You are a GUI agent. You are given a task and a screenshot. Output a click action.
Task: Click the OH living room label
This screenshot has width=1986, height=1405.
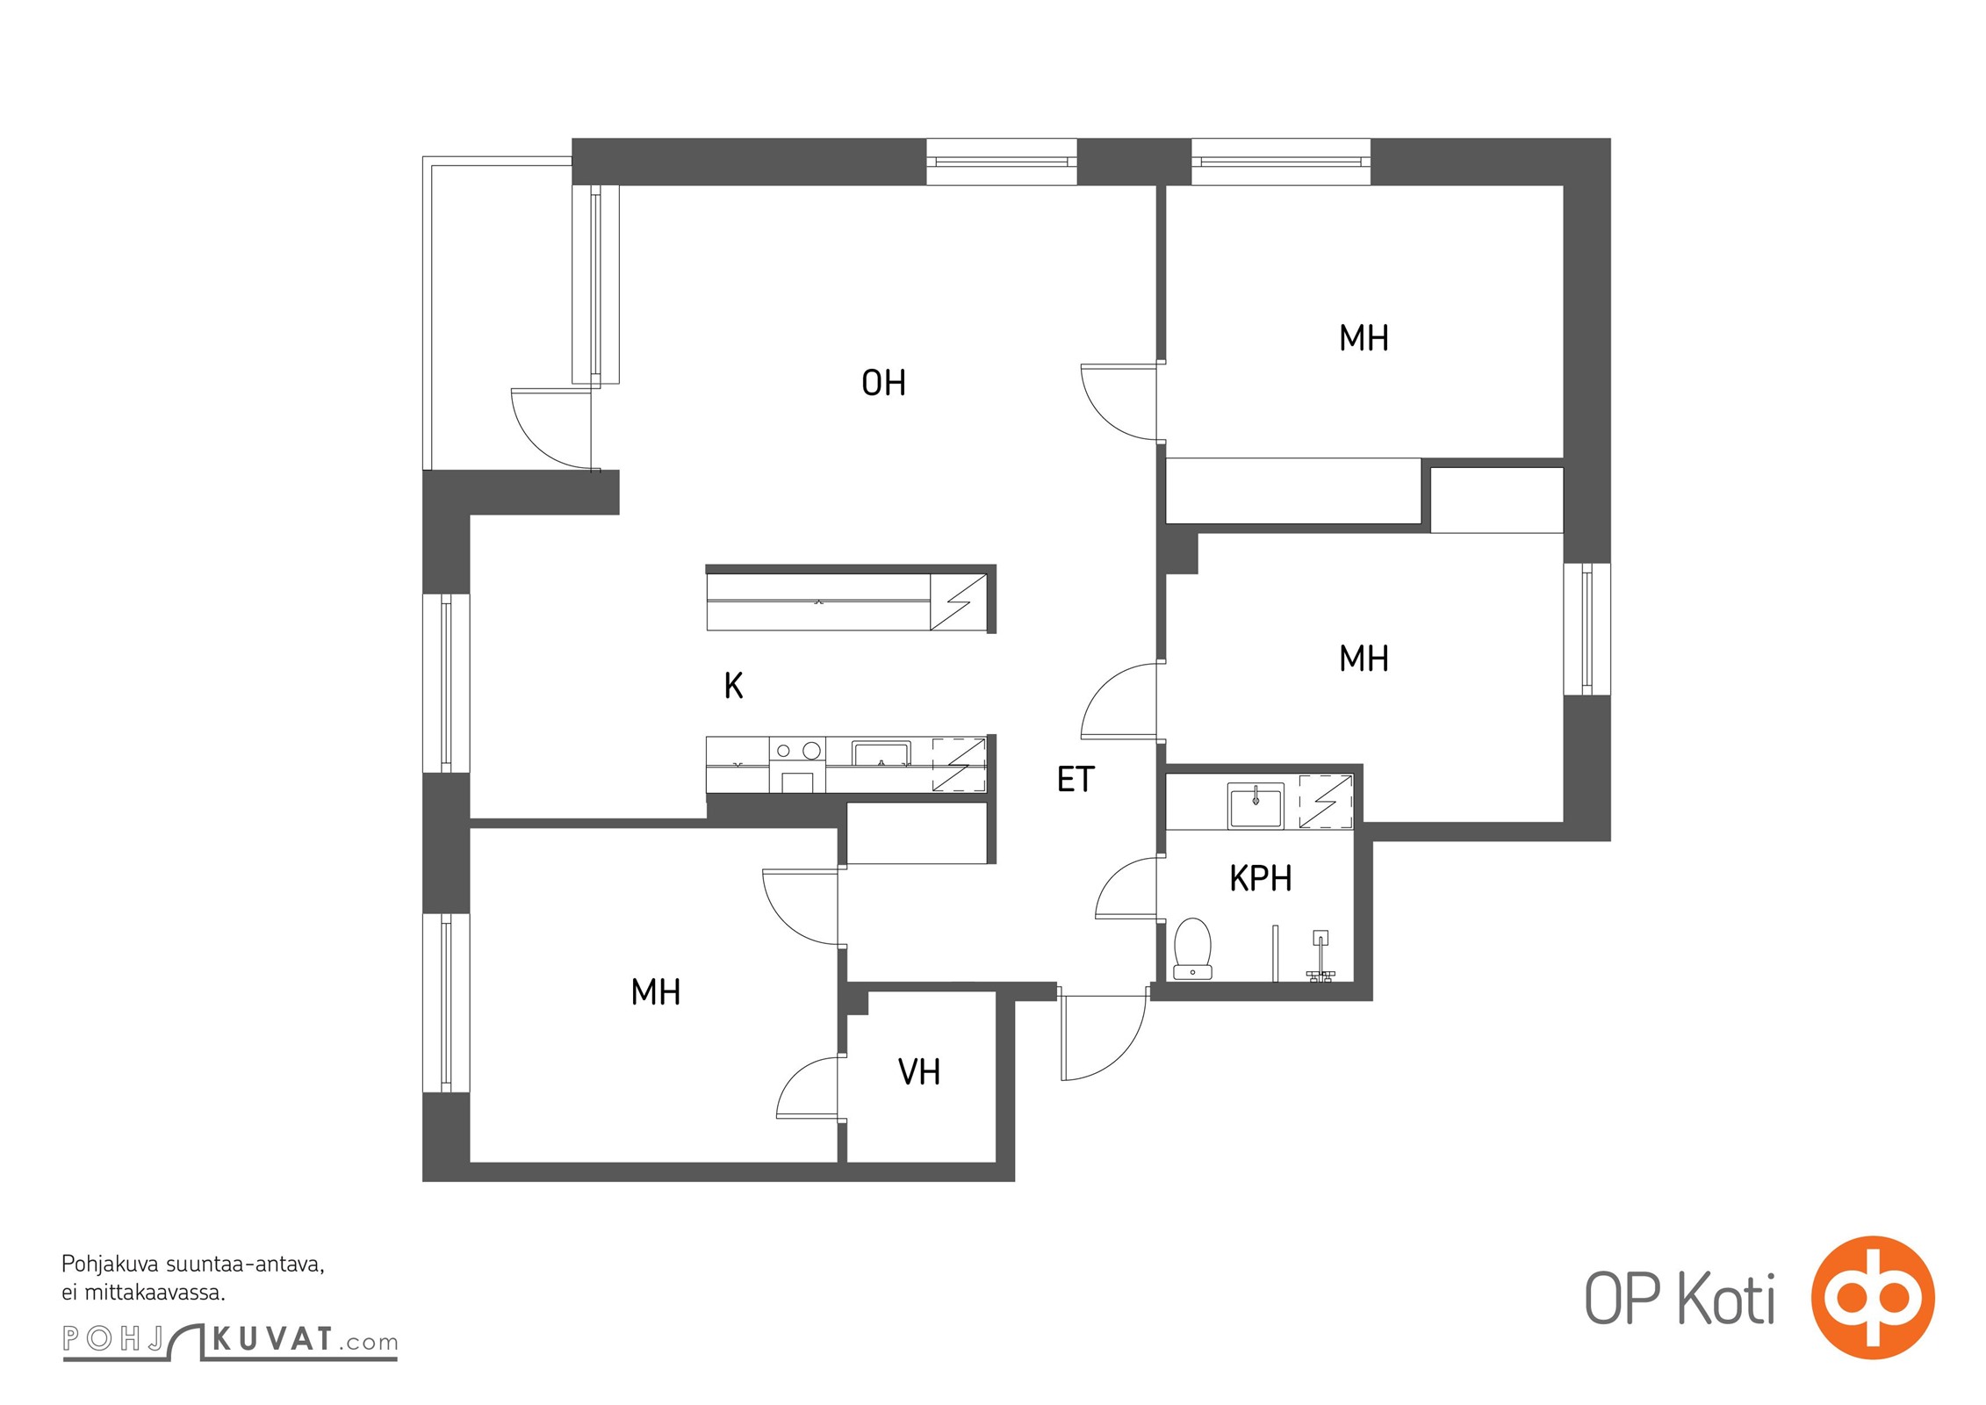[x=883, y=383]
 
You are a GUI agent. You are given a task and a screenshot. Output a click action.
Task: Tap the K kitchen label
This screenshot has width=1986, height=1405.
[x=734, y=685]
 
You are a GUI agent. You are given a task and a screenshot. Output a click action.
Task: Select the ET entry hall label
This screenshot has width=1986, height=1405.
[x=1076, y=779]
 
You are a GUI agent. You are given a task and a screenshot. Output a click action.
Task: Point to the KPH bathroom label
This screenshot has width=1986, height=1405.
[x=1260, y=878]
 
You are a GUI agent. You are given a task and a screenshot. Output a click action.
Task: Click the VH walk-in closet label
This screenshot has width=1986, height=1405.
[x=919, y=1071]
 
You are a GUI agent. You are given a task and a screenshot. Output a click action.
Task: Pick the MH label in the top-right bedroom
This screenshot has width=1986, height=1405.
[x=1364, y=338]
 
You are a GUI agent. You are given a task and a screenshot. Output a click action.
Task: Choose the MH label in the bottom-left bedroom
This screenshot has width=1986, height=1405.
[x=656, y=992]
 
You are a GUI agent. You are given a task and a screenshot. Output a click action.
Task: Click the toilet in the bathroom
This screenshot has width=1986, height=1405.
[x=1192, y=948]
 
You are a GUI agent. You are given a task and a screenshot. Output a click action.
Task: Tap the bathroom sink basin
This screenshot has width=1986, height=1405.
[x=1256, y=806]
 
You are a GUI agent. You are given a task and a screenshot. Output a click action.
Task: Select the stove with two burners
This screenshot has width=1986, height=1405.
[x=797, y=765]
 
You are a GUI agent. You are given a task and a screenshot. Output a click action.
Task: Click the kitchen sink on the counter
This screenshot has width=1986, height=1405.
[x=881, y=754]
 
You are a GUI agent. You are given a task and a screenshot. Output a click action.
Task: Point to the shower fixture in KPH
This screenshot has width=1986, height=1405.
[x=1320, y=956]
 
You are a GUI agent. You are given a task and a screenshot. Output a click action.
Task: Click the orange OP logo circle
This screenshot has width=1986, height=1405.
[x=1873, y=1297]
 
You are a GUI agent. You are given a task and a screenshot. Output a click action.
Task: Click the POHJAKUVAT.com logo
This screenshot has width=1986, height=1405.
[x=230, y=1340]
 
